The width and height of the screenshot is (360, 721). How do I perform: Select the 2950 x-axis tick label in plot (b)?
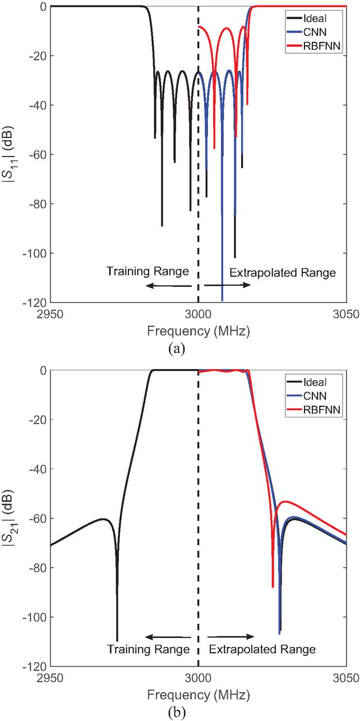point(50,678)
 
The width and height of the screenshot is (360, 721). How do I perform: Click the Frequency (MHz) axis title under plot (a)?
point(199,331)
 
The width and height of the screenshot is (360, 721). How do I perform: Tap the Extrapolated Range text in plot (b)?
point(262,650)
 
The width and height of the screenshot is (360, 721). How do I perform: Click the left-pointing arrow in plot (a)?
point(168,286)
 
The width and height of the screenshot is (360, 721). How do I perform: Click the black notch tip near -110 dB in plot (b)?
point(117,640)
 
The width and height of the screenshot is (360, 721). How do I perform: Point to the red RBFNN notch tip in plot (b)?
point(273,586)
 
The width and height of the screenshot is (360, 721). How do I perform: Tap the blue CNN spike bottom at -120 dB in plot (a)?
point(222,300)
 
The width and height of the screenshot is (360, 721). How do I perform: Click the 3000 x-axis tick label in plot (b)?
point(199,678)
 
